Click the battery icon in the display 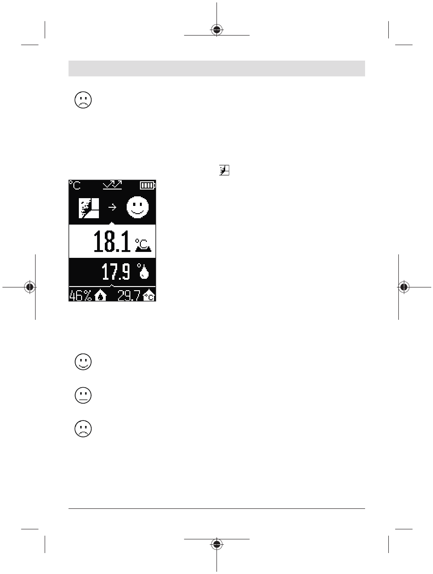(x=148, y=185)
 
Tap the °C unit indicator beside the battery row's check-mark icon (x=75, y=185)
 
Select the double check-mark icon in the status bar (x=112, y=185)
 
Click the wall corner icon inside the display (x=89, y=208)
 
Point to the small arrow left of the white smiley (x=112, y=207)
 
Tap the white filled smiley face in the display (x=138, y=207)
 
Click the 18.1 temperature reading (x=112, y=241)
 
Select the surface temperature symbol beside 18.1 (x=143, y=245)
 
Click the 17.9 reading (x=116, y=272)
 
